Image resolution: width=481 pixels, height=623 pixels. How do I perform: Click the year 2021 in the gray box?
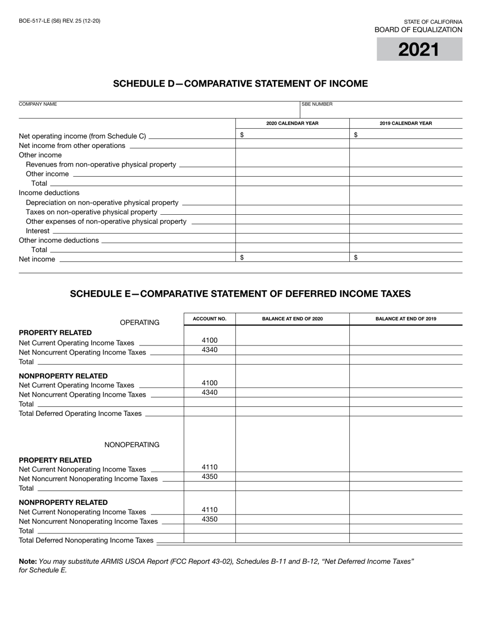[x=419, y=50]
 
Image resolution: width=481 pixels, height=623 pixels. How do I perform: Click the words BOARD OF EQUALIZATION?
[x=418, y=30]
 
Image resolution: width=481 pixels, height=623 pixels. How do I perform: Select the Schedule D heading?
[x=240, y=84]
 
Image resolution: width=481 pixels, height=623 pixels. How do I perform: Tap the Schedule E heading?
[x=240, y=294]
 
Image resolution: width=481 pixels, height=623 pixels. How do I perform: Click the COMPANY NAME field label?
[x=38, y=104]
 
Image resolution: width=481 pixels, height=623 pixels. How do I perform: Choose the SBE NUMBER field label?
[x=317, y=104]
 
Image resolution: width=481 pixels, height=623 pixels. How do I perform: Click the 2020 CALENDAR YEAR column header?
[x=292, y=123]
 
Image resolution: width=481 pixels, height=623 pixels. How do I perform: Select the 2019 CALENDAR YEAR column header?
[x=406, y=123]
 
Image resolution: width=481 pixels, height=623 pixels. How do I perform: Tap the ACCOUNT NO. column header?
[x=210, y=319]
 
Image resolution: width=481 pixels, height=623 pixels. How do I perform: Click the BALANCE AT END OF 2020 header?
[x=292, y=319]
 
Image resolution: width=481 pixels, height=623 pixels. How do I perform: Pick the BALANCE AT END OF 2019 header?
[x=406, y=319]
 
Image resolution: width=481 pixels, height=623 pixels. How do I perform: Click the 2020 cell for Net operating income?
[x=292, y=135]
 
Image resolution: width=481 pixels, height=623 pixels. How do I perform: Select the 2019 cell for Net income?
[x=406, y=258]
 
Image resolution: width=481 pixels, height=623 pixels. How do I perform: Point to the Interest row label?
[x=38, y=231]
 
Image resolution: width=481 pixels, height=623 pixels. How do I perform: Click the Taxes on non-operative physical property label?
[x=91, y=212]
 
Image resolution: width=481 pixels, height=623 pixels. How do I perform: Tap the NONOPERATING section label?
[x=132, y=445]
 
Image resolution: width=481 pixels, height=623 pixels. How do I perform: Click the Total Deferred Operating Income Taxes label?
[x=80, y=413]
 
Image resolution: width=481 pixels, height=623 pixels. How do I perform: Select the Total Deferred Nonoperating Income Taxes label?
[x=86, y=540]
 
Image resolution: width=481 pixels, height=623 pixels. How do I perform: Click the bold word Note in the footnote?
[x=27, y=561]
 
